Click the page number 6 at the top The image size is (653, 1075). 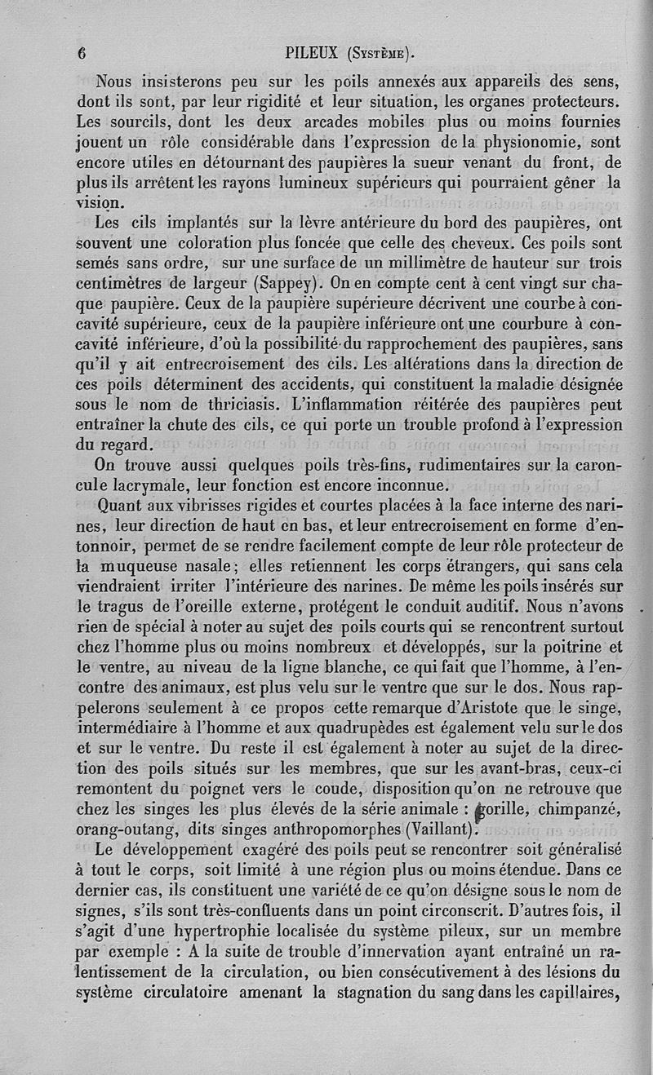(82, 54)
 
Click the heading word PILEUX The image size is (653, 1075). (314, 54)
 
